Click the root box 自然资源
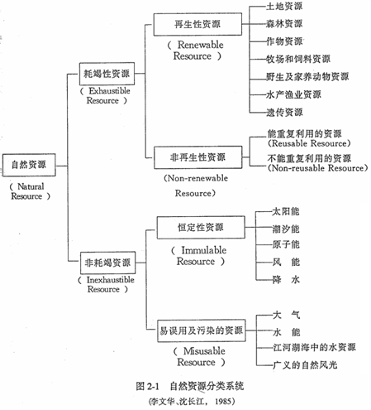coord(29,165)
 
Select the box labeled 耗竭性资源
coord(107,74)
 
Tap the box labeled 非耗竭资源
coord(107,263)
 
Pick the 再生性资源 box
coord(197,24)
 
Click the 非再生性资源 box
coord(198,157)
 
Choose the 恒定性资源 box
coord(201,228)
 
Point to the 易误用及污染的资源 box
coord(202,330)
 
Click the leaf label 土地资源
coord(284,6)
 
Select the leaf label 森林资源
coord(284,24)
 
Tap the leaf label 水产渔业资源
coord(293,94)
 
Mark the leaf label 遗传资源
coord(284,113)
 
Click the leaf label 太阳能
coord(286,212)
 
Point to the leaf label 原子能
coord(286,244)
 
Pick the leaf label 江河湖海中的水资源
coord(314,347)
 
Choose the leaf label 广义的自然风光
coord(305,365)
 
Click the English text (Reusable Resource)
coord(309,143)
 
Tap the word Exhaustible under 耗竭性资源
coord(109,90)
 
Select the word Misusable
coord(204,351)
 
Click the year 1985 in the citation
coord(223,401)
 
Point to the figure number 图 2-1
coord(148,386)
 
